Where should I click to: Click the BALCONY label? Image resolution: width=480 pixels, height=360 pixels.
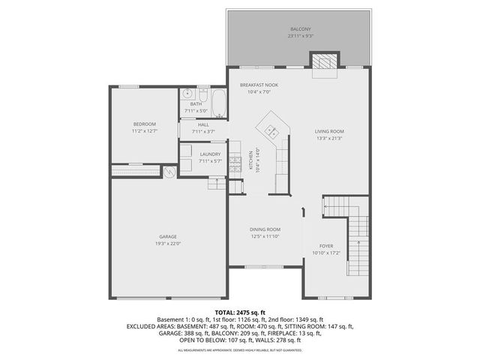click(298, 29)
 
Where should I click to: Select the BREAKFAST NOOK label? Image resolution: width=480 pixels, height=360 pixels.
click(259, 85)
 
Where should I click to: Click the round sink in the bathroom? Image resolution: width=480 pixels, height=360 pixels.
click(187, 94)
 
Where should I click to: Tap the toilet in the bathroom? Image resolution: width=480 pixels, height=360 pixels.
click(201, 94)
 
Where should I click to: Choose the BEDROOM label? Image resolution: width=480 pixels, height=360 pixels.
click(145, 124)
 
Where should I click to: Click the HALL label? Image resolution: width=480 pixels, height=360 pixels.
click(203, 125)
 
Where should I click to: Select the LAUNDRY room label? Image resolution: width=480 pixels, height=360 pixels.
click(210, 154)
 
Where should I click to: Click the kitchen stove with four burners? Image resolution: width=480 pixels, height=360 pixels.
click(235, 160)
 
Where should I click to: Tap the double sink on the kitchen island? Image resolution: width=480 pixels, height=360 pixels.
click(271, 130)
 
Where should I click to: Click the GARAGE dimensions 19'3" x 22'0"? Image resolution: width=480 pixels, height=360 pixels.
click(167, 243)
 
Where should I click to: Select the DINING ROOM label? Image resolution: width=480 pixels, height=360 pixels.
click(265, 229)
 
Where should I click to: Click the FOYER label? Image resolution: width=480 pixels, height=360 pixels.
click(326, 246)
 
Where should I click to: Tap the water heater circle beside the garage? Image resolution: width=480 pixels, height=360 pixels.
click(170, 172)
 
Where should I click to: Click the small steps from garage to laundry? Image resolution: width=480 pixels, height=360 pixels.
click(217, 184)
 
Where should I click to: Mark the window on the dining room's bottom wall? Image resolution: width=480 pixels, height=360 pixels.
click(265, 266)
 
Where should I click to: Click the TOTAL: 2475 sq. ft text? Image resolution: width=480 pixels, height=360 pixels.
click(240, 312)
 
